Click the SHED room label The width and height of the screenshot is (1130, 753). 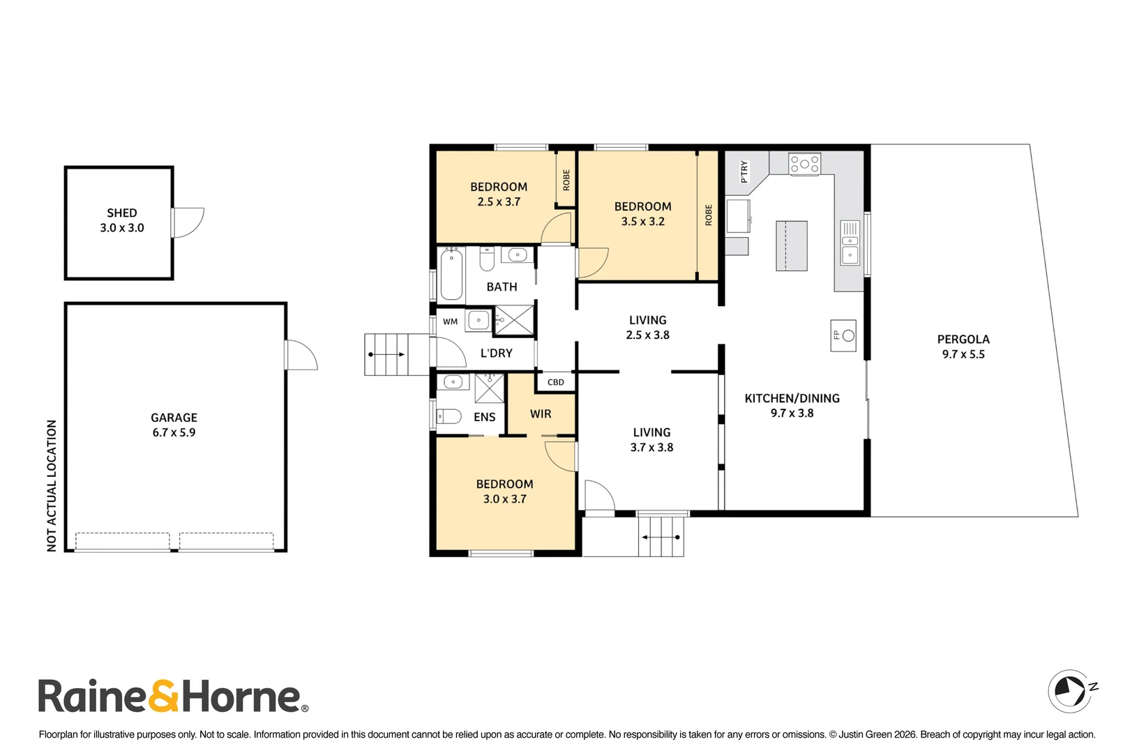tap(121, 213)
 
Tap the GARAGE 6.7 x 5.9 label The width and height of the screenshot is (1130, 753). tap(174, 425)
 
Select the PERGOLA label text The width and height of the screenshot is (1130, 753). tap(963, 339)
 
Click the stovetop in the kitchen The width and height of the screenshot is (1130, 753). tap(805, 164)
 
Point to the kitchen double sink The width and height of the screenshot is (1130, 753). tap(850, 243)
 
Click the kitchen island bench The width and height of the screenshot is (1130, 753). tap(792, 245)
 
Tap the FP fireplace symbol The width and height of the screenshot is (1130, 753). tap(843, 335)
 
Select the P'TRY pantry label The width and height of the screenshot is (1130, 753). tap(744, 172)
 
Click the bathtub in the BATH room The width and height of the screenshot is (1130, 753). tap(451, 275)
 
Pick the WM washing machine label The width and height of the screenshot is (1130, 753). tap(450, 321)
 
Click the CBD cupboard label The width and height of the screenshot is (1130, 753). tap(555, 382)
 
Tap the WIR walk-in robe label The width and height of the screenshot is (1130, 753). tap(541, 414)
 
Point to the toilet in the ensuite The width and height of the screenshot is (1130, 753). tap(449, 417)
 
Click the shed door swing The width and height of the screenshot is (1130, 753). tap(188, 222)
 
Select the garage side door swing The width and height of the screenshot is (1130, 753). tap(301, 355)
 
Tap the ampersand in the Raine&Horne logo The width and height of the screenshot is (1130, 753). tap(163, 696)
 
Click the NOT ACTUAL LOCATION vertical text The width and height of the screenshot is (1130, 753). tap(52, 486)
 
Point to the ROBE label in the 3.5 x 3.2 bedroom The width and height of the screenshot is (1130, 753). tap(708, 215)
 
